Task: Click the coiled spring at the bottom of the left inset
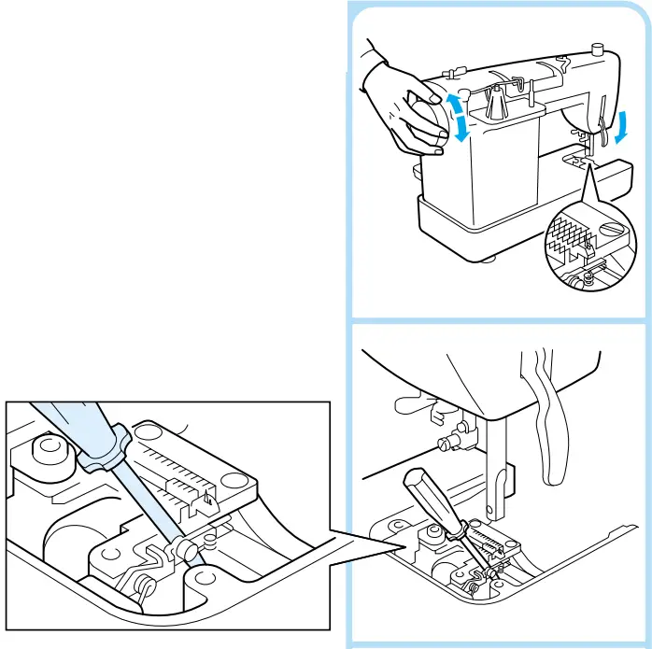pyautogui.click(x=146, y=585)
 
